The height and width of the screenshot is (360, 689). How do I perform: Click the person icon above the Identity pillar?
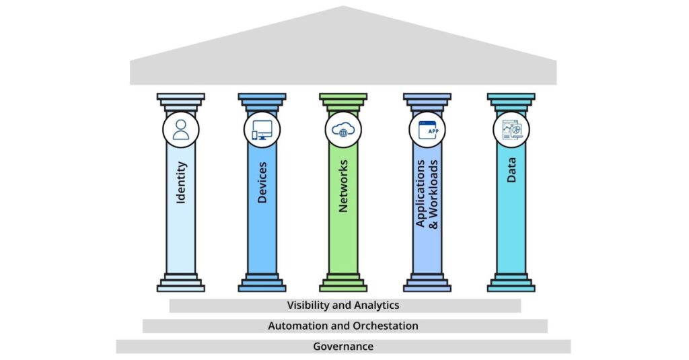pyautogui.click(x=181, y=129)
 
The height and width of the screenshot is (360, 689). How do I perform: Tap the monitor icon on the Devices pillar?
pyautogui.click(x=262, y=129)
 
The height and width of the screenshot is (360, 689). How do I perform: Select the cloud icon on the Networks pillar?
pyautogui.click(x=343, y=129)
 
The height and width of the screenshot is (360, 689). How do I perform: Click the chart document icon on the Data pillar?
pyautogui.click(x=511, y=129)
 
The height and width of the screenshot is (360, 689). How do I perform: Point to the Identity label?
pyautogui.click(x=181, y=183)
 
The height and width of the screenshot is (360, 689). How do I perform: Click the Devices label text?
pyautogui.click(x=262, y=183)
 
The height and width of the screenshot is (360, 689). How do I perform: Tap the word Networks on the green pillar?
pyautogui.click(x=343, y=186)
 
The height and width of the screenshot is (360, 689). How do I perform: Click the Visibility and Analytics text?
pyautogui.click(x=343, y=305)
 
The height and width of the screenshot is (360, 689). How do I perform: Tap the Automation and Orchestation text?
pyautogui.click(x=343, y=326)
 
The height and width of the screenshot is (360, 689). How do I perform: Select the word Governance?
pyautogui.click(x=343, y=347)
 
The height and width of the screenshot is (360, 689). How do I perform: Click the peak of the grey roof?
pyautogui.click(x=343, y=9)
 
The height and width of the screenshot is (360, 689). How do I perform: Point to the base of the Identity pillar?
pyautogui.click(x=180, y=283)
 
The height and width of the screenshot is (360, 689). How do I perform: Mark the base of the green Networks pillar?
pyautogui.click(x=343, y=283)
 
